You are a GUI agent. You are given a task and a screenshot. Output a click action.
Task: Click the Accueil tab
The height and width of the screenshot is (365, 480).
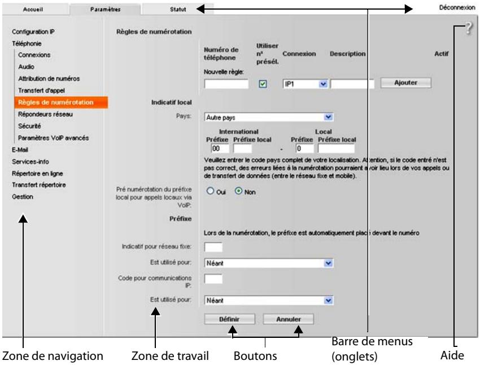pos(33,9)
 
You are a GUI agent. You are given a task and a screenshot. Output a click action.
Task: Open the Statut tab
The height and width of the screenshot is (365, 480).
pos(178,9)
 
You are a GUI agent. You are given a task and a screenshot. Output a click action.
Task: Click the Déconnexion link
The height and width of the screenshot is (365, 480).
pos(457,7)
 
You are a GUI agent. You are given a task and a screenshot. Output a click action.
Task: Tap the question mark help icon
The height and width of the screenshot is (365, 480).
pos(469,28)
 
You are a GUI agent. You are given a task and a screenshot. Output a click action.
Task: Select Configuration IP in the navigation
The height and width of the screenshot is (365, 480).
pos(33,32)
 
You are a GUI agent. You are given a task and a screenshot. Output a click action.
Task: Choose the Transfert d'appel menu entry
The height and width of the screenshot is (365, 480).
pos(41,90)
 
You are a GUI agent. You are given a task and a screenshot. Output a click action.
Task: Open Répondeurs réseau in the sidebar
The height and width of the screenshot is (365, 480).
pos(45,114)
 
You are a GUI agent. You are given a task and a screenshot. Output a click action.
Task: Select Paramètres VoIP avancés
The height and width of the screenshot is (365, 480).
pos(53,138)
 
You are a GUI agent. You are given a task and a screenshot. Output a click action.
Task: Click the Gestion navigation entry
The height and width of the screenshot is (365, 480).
pos(23,197)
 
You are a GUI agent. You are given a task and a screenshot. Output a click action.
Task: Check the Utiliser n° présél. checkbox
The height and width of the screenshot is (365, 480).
pos(263,84)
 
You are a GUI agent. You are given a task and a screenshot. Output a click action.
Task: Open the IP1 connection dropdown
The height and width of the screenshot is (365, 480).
pos(305,84)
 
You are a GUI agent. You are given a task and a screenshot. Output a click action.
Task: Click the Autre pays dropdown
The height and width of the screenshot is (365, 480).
pos(269,117)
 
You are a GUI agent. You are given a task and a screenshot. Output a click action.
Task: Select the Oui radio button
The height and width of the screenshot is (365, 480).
pos(210,191)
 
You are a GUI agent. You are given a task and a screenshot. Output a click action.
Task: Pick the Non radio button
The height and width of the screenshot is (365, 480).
pos(238,191)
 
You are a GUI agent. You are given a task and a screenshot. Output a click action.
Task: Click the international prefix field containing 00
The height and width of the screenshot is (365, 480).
pos(220,149)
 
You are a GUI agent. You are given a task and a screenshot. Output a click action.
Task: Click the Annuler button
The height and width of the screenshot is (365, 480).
pos(289,319)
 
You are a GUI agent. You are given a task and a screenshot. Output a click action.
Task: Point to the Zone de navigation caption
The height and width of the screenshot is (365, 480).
pos(53,356)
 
